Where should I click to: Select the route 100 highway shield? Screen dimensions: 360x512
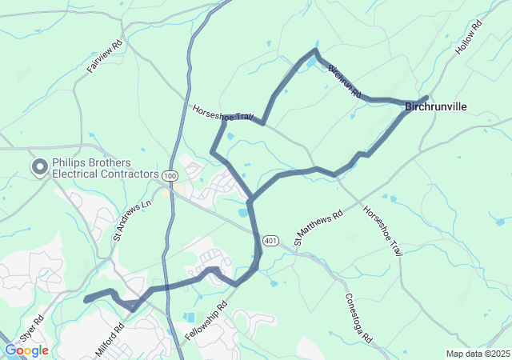pos(169,175)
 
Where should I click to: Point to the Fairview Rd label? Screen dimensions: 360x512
pos(105,58)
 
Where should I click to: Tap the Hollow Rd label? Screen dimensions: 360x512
pos(470,38)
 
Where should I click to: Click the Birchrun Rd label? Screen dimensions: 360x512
pos(346,81)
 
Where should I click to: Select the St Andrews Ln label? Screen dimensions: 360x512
pos(132,221)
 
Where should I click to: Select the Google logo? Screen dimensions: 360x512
pos(26,350)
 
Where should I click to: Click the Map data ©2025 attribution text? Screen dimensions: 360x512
pos(477,354)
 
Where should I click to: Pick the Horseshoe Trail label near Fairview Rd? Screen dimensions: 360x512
pos(223,114)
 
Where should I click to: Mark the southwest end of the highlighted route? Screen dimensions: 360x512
pos(86,299)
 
